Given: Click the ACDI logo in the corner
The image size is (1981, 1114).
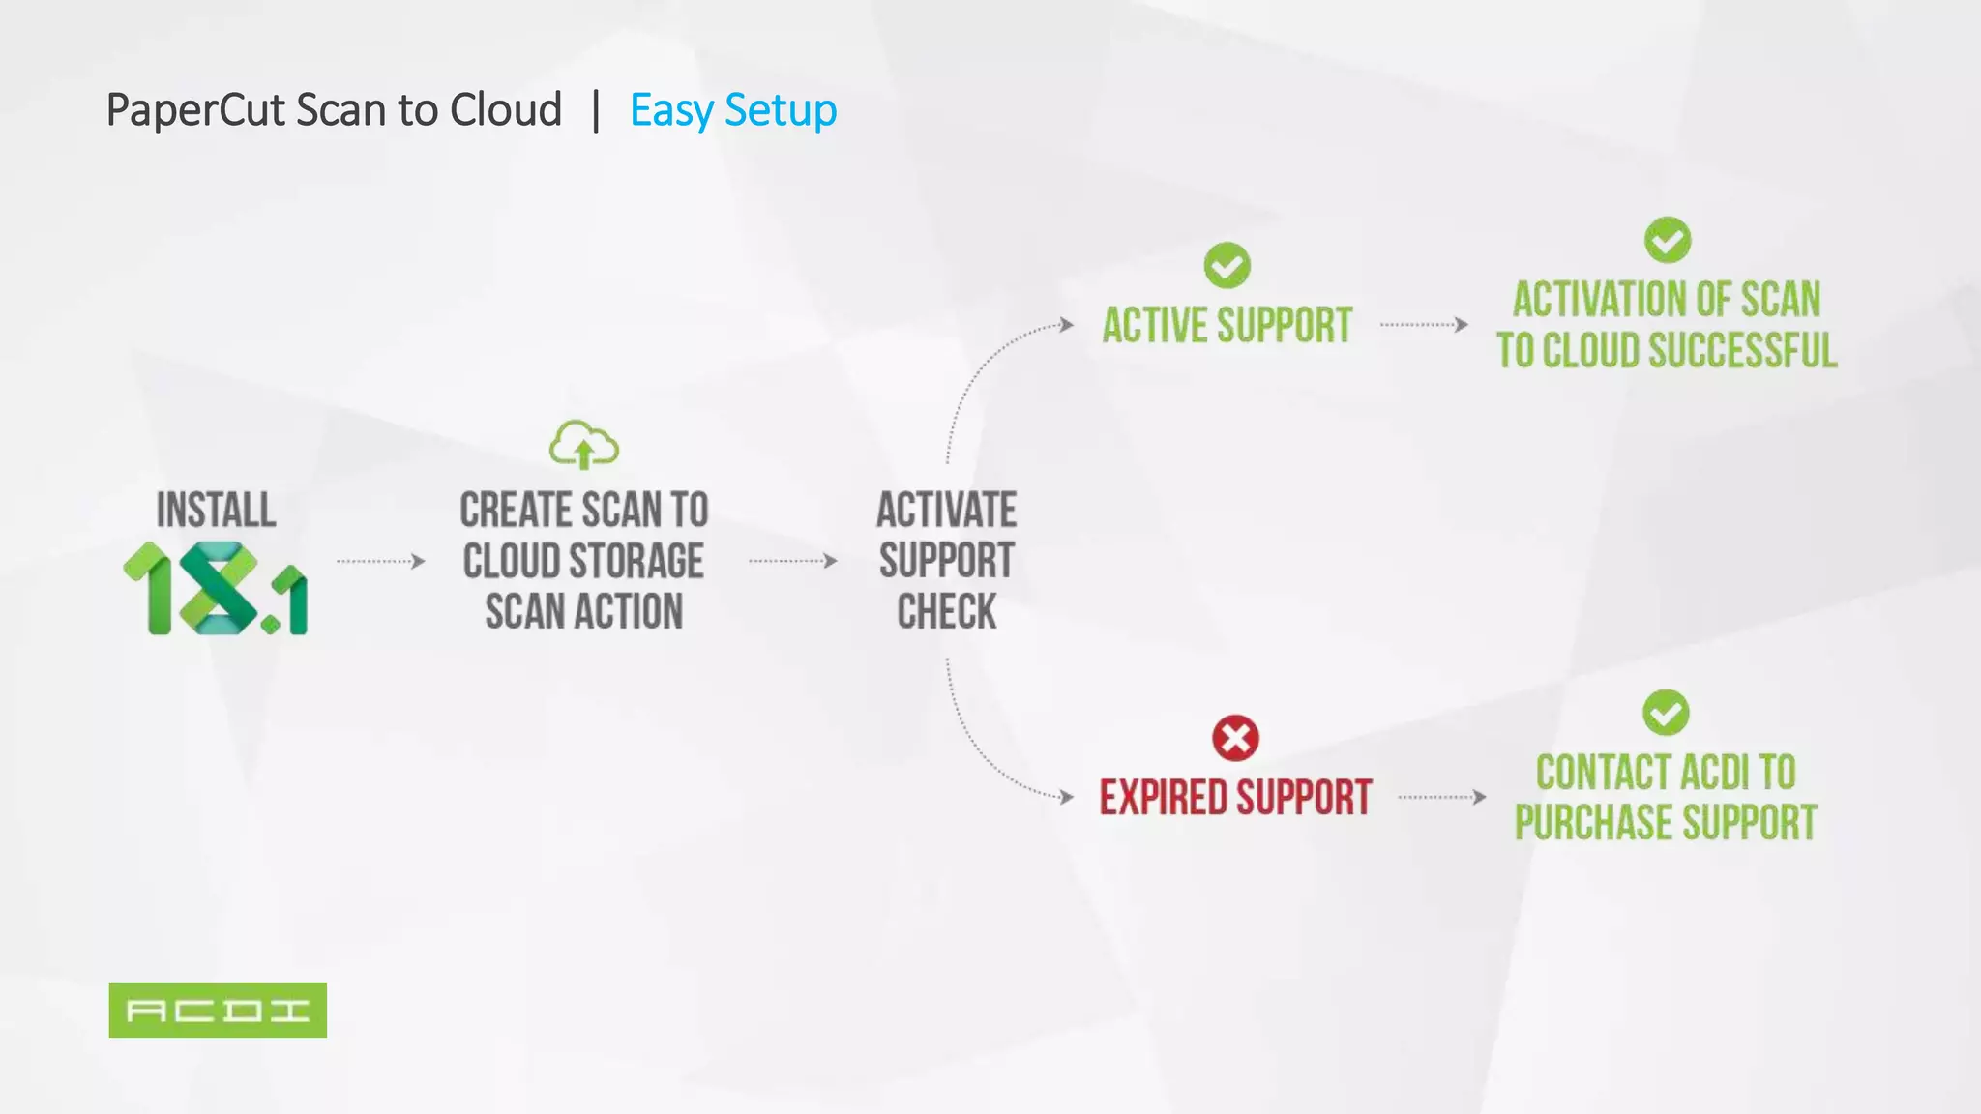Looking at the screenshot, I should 218,1010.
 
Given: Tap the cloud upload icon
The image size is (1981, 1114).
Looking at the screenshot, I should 584,445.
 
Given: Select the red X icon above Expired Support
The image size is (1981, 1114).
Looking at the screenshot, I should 1235,739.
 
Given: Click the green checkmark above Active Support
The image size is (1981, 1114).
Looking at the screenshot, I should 1227,265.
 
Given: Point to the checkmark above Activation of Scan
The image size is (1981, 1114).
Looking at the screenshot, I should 1667,240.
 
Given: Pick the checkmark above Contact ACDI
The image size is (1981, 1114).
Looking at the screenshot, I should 1666,713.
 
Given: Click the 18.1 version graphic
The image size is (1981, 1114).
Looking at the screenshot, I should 216,588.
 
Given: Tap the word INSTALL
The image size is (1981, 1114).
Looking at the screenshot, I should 216,510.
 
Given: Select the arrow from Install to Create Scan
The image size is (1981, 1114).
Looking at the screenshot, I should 380,561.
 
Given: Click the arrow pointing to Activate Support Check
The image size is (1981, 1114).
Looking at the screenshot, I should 792,561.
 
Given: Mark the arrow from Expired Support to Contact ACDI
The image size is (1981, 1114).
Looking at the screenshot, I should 1441,797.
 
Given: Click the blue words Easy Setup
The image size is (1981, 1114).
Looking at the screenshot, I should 733,110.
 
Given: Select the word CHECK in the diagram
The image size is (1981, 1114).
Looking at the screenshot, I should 946,611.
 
